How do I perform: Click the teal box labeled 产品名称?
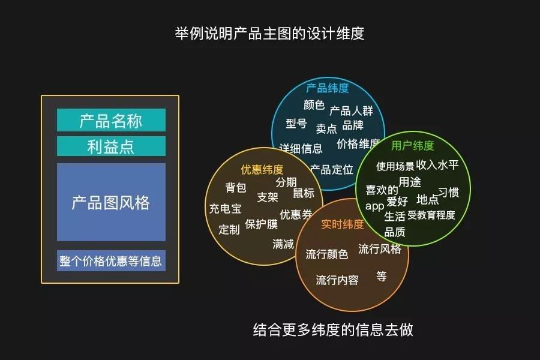[x=111, y=120]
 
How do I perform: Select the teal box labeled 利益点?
[x=111, y=146]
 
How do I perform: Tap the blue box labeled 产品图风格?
[x=111, y=202]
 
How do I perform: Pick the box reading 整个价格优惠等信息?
[x=111, y=261]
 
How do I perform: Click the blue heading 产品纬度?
[x=328, y=88]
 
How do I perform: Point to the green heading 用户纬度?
[x=413, y=146]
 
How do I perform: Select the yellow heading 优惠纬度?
[x=262, y=169]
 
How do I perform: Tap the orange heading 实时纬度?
[x=343, y=224]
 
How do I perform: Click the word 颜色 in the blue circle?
[x=314, y=105]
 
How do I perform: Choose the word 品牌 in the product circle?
[x=353, y=125]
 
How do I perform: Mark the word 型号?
[x=296, y=124]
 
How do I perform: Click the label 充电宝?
[x=225, y=209]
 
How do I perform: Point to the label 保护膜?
[x=262, y=224]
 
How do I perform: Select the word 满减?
[x=283, y=244]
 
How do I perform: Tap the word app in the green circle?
[x=374, y=206]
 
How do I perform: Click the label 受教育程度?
[x=431, y=215]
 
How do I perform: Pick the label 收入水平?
[x=437, y=165]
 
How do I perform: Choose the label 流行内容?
[x=337, y=280]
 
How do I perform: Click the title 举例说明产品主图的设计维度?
[x=269, y=34]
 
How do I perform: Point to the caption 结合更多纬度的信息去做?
[x=333, y=329]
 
